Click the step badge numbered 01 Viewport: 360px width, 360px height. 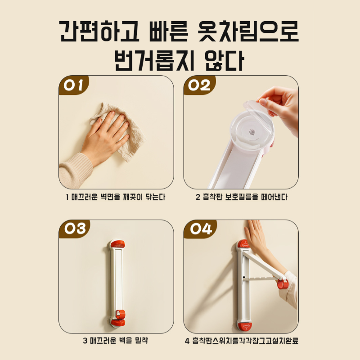coord(74,85)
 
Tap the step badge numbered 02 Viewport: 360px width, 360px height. coord(199,85)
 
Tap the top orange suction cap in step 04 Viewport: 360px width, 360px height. coord(243,244)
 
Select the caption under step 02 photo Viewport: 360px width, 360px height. coord(241,197)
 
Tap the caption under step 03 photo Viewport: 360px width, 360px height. coord(116,340)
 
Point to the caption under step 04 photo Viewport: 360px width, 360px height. coord(241,340)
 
